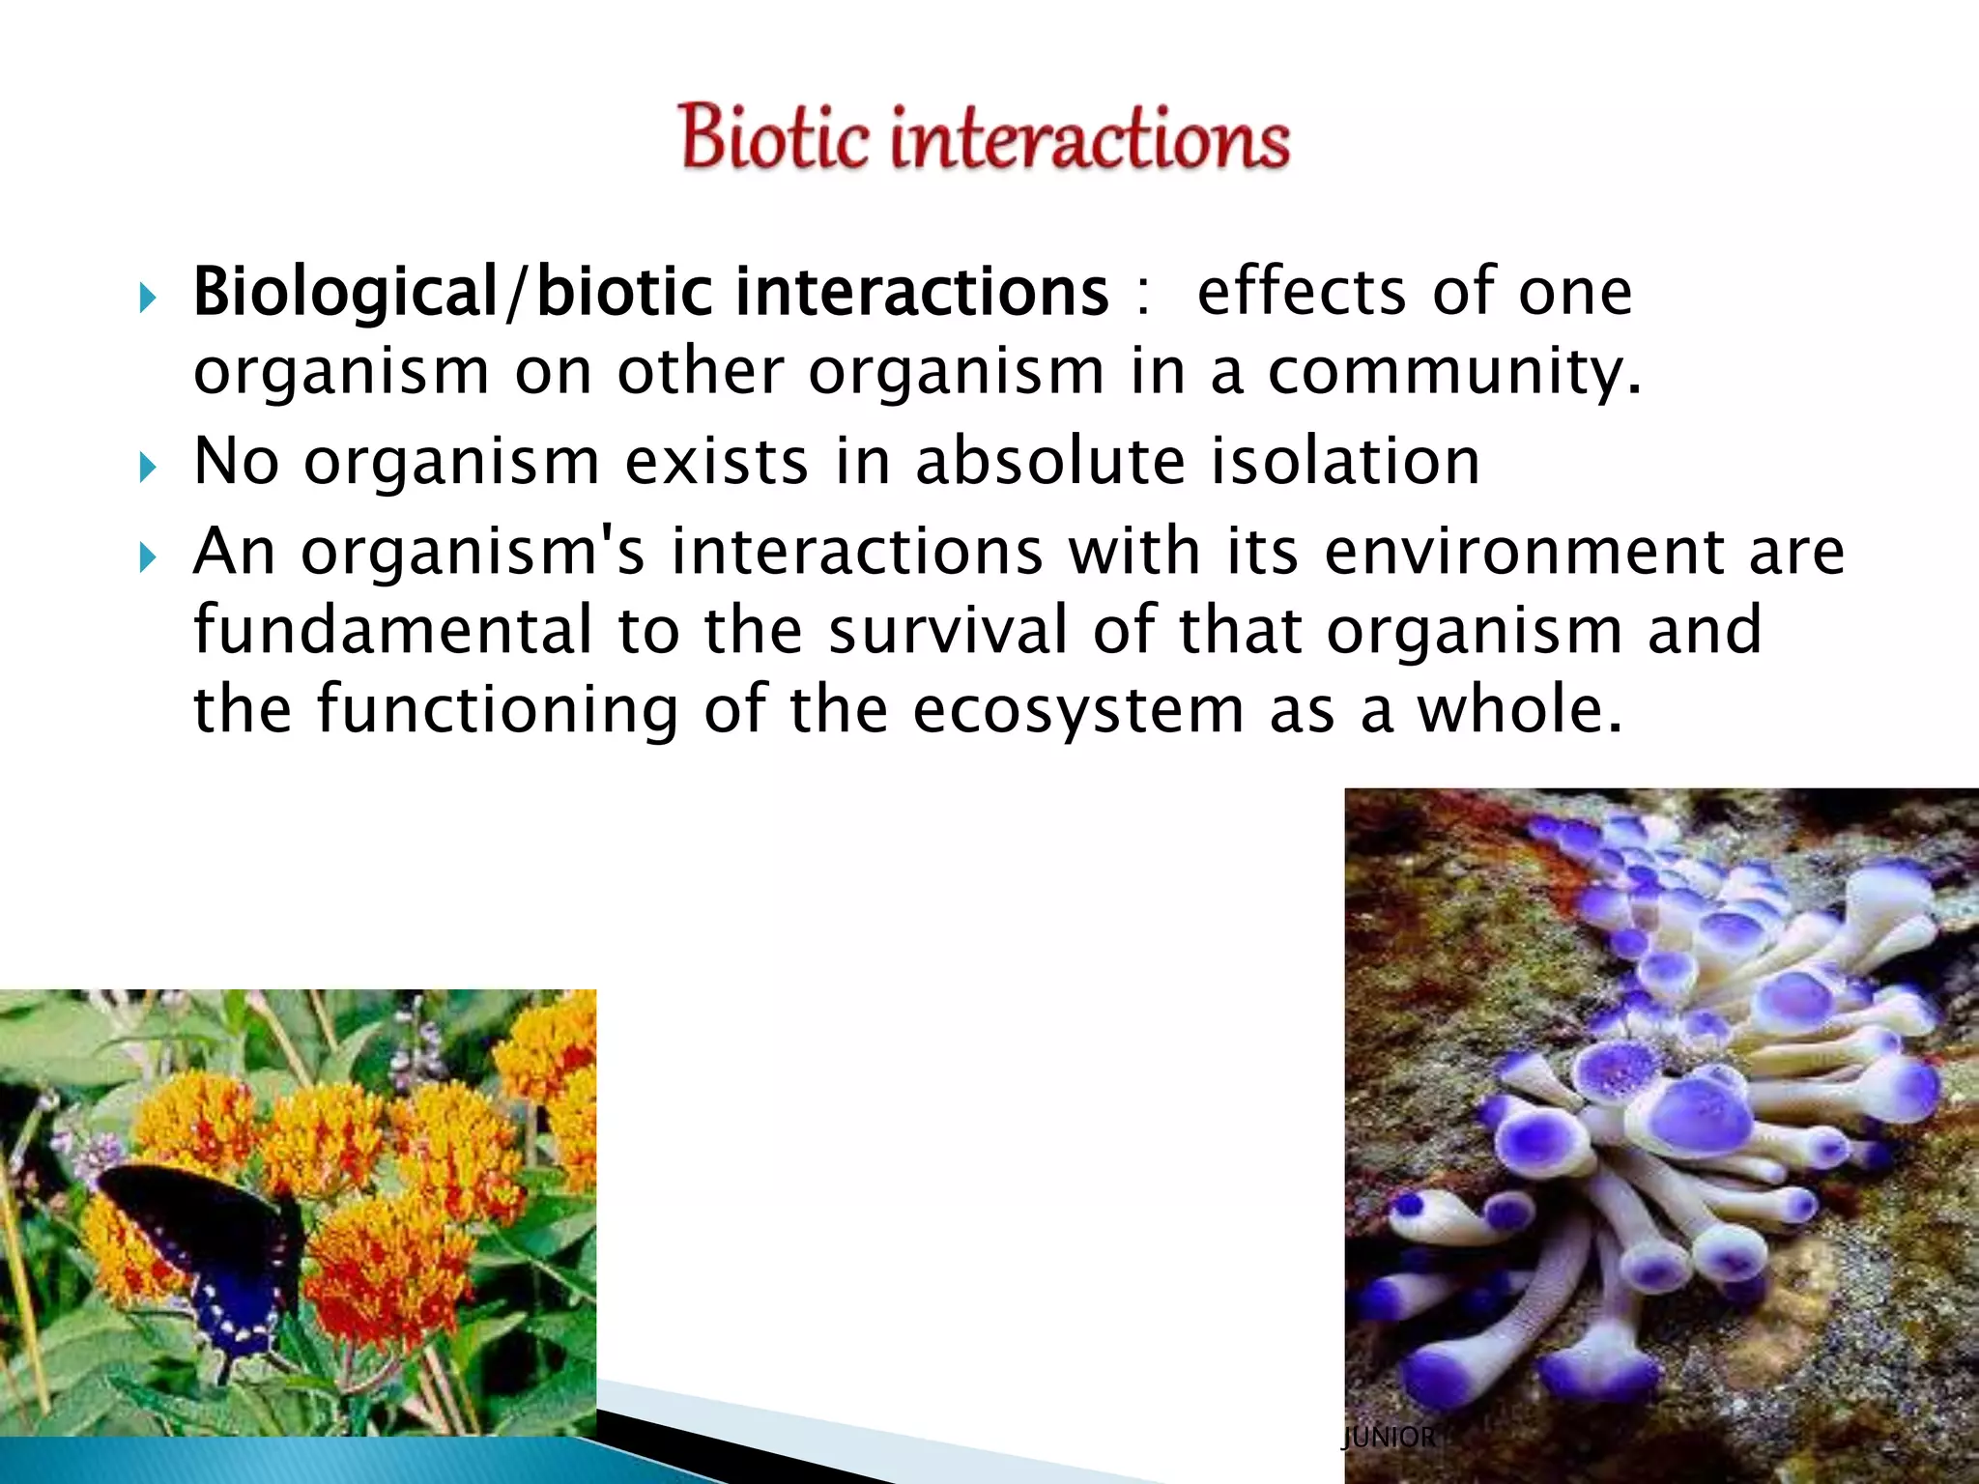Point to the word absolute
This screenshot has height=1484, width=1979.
(1049, 461)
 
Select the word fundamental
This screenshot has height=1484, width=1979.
(392, 630)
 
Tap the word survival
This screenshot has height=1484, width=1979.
(948, 630)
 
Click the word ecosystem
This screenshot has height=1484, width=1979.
(1078, 709)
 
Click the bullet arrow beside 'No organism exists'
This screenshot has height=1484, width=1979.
(147, 469)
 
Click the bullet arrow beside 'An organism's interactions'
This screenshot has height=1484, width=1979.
(147, 557)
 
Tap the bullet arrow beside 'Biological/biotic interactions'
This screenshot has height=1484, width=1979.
(147, 299)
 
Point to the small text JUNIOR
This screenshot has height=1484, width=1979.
(1389, 1437)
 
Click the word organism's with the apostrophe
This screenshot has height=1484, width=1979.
(473, 553)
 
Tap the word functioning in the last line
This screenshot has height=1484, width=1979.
(498, 711)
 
